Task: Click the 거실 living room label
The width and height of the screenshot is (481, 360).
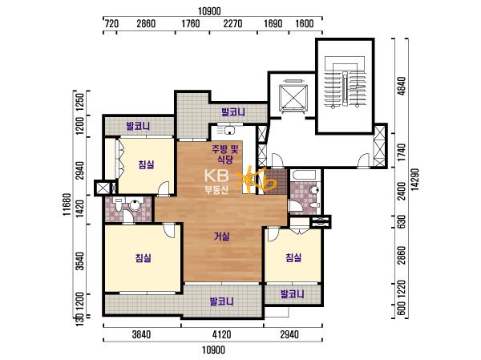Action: (222, 237)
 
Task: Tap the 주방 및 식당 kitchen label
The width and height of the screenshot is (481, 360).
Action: (225, 155)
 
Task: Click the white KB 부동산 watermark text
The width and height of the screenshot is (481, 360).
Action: (216, 182)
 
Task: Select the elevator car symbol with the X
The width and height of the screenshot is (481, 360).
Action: (293, 97)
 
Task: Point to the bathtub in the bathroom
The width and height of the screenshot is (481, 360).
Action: (304, 176)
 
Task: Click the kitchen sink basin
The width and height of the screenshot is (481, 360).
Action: (228, 131)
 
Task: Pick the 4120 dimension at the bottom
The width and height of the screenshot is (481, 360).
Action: (221, 334)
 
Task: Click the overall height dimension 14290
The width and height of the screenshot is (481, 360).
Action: (415, 180)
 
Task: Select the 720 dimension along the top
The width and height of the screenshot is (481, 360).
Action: (111, 23)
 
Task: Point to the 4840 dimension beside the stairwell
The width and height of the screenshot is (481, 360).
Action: (402, 86)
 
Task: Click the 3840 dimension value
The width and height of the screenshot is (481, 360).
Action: (141, 334)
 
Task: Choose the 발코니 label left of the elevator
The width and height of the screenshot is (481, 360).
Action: (233, 112)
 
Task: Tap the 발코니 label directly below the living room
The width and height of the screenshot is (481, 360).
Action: (221, 301)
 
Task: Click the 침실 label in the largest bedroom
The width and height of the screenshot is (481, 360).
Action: (143, 258)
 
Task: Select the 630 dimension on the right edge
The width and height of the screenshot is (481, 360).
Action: (402, 221)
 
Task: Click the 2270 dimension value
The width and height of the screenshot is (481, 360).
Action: (232, 23)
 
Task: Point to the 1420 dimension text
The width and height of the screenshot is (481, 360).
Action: (79, 208)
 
